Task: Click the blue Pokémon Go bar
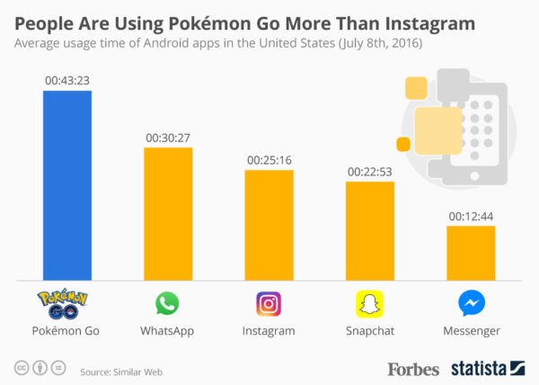[x=67, y=185]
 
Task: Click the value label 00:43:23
[x=67, y=81]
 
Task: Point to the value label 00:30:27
[x=168, y=138]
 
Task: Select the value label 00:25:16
[x=269, y=160]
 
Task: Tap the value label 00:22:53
[x=370, y=171]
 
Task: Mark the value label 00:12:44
[x=471, y=216]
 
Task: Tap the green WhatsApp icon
[x=168, y=303]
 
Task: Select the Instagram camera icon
[x=269, y=303]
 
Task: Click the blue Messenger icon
[x=471, y=303]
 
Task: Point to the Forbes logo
[x=413, y=368]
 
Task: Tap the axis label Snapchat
[x=370, y=331]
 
